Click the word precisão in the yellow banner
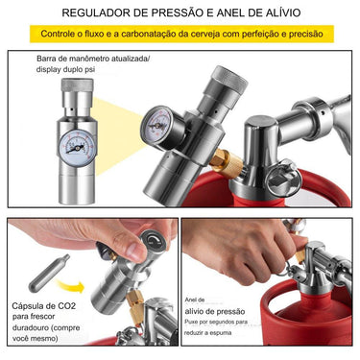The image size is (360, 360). click(300, 34)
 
